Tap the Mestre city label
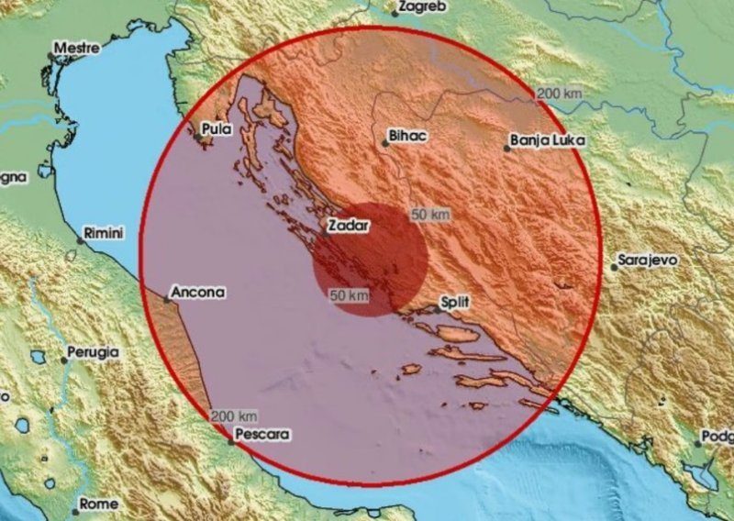[x=76, y=47]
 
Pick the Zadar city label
[x=348, y=225]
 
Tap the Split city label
[x=456, y=301]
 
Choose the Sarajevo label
[x=649, y=260]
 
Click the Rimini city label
[x=103, y=234]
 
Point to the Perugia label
[x=93, y=351]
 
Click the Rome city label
[x=98, y=504]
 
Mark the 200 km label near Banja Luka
[x=560, y=94]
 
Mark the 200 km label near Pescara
[x=233, y=416]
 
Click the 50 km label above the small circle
[x=430, y=215]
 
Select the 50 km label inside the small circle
[x=349, y=295]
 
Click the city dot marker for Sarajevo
[x=616, y=267]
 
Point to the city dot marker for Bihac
[x=384, y=142]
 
